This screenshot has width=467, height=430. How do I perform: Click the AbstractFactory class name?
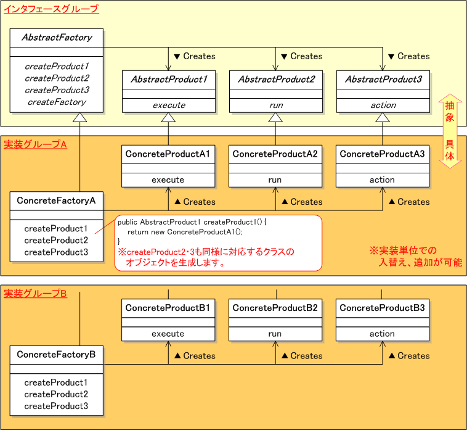click(57, 38)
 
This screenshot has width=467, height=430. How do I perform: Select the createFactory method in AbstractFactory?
click(57, 102)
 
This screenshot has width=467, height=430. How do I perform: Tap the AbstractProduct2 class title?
click(276, 80)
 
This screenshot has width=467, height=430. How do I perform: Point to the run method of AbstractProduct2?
click(276, 105)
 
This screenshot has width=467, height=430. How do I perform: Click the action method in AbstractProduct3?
click(383, 105)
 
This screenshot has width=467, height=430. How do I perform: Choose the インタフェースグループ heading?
click(51, 9)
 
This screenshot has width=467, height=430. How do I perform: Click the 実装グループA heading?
click(35, 144)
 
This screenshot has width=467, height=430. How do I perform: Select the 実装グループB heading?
click(35, 294)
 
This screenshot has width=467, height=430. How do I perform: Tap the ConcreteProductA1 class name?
click(168, 154)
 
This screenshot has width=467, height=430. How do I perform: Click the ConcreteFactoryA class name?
click(57, 201)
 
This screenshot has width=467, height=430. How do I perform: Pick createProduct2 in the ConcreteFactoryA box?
click(56, 240)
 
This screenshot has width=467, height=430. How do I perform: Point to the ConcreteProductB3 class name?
click(383, 308)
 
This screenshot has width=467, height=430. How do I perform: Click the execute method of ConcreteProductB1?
click(168, 334)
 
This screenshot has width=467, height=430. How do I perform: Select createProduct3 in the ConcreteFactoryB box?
click(56, 406)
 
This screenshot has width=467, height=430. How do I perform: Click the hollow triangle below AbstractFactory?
click(80, 118)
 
